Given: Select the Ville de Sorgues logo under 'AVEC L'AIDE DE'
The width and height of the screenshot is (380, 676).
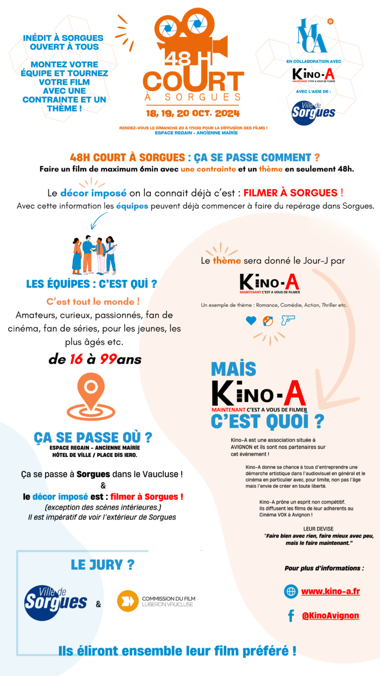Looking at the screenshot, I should (x=313, y=112).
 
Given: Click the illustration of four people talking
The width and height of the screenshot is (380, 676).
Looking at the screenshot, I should (x=94, y=255).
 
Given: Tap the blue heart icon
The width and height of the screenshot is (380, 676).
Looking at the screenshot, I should (x=251, y=321).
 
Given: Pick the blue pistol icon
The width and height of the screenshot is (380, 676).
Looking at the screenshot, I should (x=287, y=321).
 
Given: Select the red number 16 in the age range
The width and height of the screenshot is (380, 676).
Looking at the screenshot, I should (x=76, y=360).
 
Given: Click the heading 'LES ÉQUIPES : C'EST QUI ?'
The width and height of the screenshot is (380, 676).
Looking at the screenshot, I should (x=91, y=284).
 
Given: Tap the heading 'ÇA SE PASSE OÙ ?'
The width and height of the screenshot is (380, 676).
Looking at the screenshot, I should (x=93, y=438).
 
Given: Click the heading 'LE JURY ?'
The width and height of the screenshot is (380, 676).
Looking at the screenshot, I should (x=103, y=564).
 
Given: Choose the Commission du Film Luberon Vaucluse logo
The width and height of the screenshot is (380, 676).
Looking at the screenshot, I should (x=155, y=601).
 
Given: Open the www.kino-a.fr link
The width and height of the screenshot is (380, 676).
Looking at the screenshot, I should (x=330, y=591).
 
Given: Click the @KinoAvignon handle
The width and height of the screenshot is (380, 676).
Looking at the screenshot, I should (x=330, y=616).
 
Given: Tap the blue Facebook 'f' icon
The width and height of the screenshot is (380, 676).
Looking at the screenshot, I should (x=291, y=616).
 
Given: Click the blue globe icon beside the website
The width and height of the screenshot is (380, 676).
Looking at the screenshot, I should (x=291, y=591).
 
